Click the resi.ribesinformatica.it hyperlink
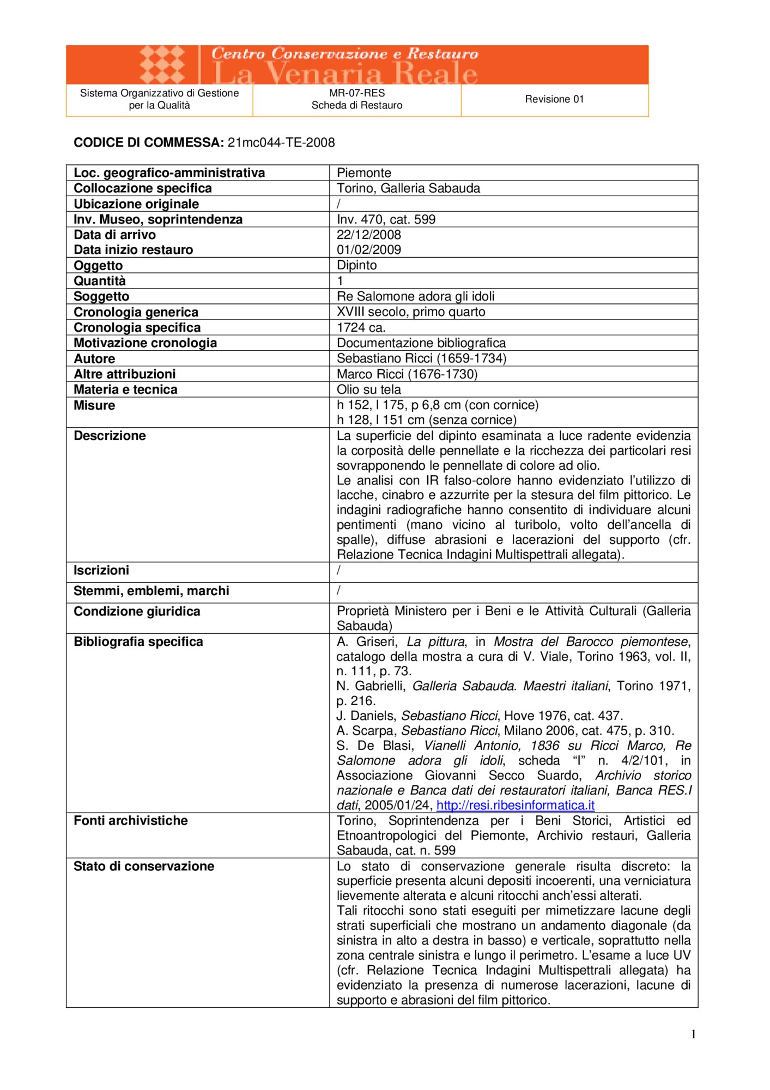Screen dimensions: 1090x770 click(x=515, y=805)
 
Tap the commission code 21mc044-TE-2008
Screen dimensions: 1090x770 click(x=281, y=143)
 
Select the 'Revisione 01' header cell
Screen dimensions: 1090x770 click(x=554, y=99)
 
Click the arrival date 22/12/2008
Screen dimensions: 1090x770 click(x=369, y=235)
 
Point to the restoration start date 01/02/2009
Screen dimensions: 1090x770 click(x=369, y=250)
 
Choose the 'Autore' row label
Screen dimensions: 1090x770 click(x=94, y=359)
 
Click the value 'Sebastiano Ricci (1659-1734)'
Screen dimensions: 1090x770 click(x=421, y=358)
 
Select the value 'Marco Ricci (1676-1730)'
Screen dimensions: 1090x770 click(x=407, y=374)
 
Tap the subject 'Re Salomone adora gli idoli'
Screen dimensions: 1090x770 click(x=416, y=296)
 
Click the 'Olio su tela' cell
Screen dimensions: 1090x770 click(x=369, y=390)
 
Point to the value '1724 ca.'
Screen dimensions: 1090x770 click(x=361, y=328)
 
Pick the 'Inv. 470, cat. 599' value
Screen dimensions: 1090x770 click(x=386, y=220)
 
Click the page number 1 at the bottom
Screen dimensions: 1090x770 click(x=693, y=1034)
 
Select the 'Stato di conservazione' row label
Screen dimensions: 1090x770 click(x=144, y=866)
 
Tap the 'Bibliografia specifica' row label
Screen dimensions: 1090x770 click(x=138, y=641)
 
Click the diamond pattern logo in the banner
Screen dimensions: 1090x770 click(x=162, y=65)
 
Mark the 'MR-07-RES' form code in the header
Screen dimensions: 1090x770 click(x=357, y=93)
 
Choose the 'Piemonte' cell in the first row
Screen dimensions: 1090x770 click(x=364, y=173)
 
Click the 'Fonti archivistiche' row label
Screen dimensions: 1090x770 click(x=131, y=820)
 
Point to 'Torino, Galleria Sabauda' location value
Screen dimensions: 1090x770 click(x=408, y=189)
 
